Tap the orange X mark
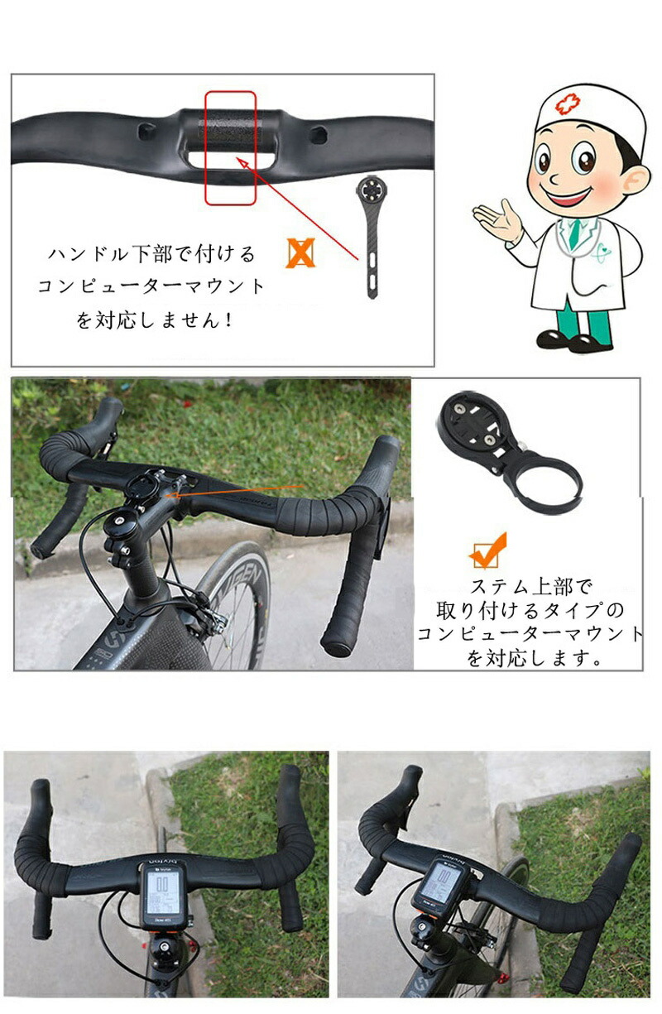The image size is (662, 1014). coord(300,253)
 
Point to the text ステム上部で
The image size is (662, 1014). coord(531,588)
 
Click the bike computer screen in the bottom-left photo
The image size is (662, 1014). coord(163,893)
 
